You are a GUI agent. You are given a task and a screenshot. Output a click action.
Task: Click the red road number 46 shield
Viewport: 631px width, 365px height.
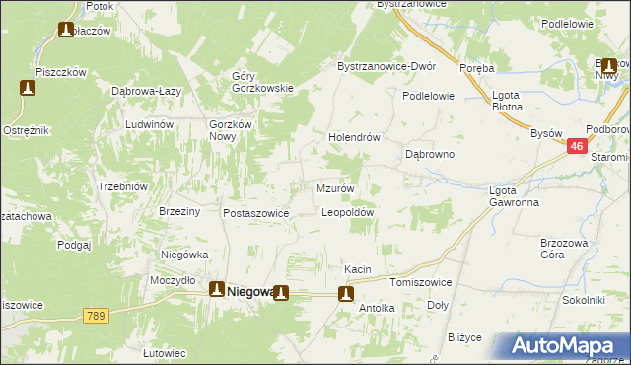click(x=580, y=146)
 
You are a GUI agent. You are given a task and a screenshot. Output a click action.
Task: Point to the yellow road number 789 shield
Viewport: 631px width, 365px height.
click(x=96, y=315)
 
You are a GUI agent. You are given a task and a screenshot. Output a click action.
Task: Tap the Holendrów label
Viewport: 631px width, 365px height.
click(x=354, y=138)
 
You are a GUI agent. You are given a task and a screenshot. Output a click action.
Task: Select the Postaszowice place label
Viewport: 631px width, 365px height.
click(x=255, y=213)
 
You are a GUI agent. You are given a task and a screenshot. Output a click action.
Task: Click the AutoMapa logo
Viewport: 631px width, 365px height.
click(x=565, y=345)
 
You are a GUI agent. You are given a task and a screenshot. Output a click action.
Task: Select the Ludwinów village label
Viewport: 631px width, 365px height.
click(x=149, y=125)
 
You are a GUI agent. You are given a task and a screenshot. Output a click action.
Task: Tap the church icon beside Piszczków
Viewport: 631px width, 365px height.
click(x=28, y=88)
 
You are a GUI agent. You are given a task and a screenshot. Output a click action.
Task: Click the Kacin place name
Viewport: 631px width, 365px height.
click(x=356, y=269)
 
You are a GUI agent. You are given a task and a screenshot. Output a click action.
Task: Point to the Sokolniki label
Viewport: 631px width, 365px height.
click(x=582, y=299)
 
